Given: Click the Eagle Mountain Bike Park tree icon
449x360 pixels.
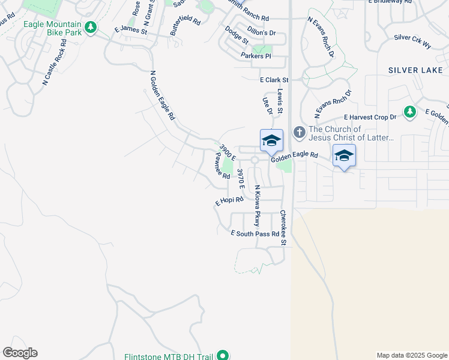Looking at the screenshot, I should (91, 28).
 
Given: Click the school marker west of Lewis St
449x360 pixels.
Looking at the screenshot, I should (271, 141).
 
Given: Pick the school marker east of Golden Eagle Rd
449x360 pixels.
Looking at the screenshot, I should (344, 155).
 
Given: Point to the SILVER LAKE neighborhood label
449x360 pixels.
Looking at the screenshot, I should (415, 70).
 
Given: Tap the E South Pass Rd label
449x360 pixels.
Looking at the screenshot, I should (255, 233).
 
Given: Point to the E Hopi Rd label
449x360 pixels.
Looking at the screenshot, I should (229, 201).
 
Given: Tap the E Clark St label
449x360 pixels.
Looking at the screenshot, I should (274, 80).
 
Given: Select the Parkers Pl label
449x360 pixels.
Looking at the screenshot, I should (256, 56).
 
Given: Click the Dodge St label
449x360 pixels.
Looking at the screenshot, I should (236, 35).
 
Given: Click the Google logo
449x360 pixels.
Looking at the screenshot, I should (20, 353).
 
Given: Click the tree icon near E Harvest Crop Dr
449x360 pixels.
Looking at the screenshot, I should (409, 112).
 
